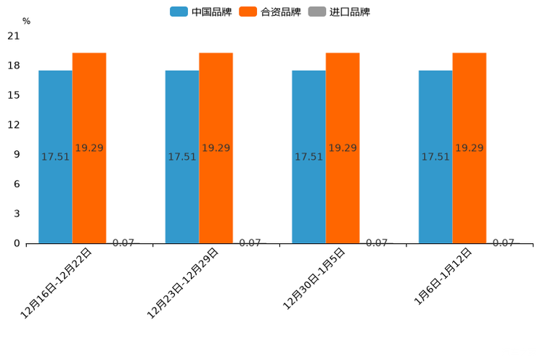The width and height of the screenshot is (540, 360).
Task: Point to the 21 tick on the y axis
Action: point(14,36)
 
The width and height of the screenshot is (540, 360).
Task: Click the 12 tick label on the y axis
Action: point(14,125)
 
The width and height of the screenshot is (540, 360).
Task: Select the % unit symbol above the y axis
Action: point(26,22)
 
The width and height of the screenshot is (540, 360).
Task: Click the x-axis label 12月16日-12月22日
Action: point(57,283)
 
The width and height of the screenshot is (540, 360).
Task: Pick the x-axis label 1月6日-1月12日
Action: point(443,277)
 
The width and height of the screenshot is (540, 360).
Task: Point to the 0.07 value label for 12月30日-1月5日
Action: point(377,243)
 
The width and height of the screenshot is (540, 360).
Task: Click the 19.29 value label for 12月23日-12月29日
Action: point(216,148)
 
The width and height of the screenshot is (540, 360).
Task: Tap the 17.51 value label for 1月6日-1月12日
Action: point(435,157)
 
